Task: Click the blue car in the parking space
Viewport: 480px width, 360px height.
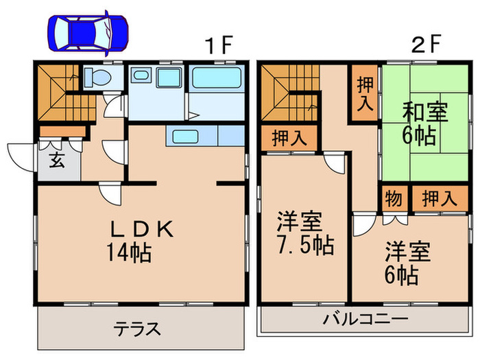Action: pos(87,32)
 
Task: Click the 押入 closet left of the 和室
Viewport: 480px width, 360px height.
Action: pos(365,93)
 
